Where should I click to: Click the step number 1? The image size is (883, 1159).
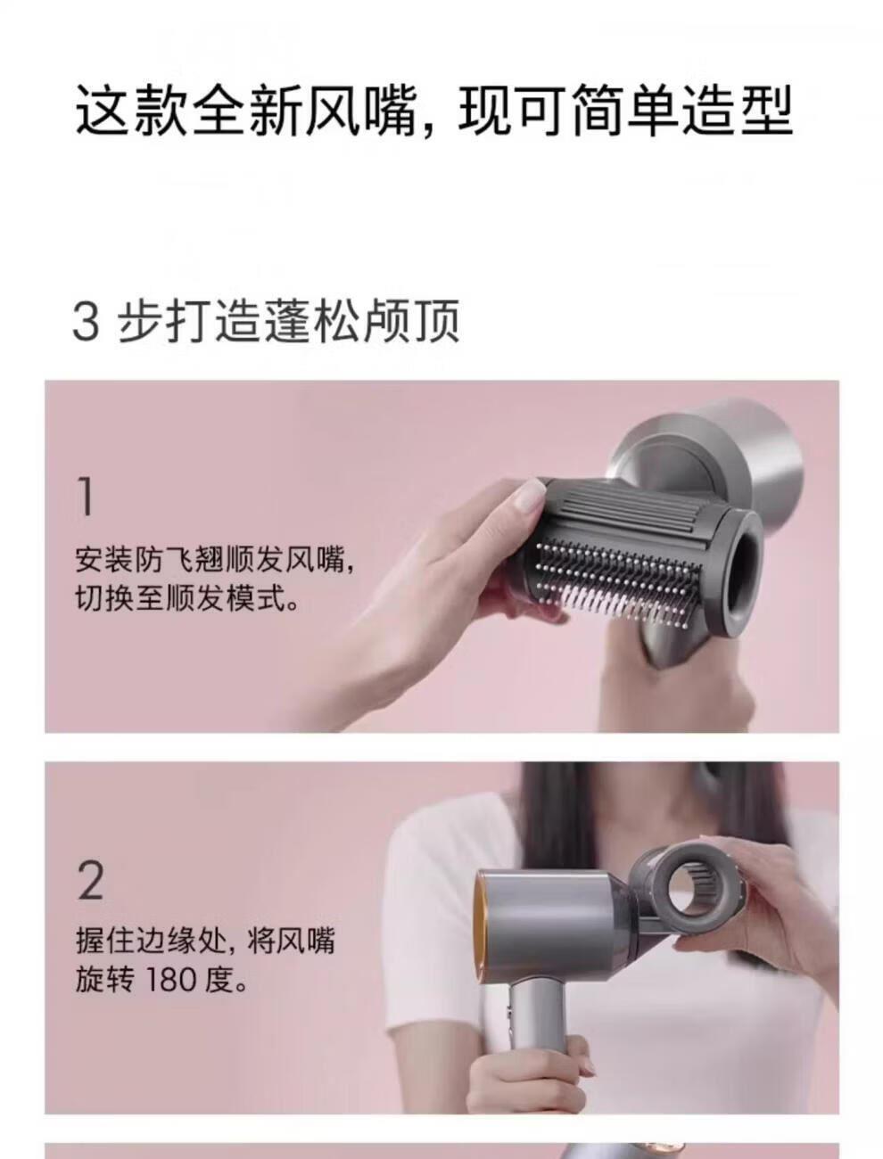tap(87, 496)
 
